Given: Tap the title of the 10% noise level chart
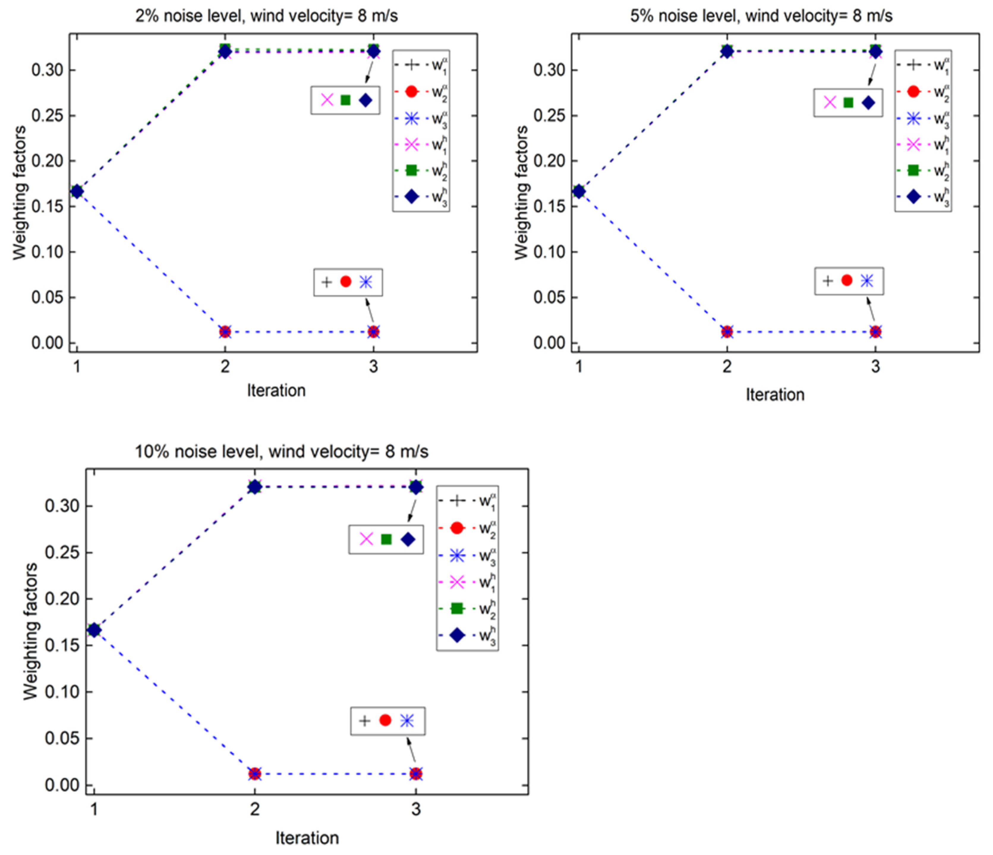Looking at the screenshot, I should (282, 452).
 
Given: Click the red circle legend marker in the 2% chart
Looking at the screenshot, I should (411, 91).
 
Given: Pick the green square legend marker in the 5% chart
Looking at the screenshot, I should (913, 170).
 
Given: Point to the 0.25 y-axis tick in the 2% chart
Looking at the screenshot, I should (47, 116).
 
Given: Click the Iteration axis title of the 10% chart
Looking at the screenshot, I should (307, 838).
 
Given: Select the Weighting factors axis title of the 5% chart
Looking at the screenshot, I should (521, 193).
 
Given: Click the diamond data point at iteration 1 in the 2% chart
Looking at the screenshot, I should (77, 192).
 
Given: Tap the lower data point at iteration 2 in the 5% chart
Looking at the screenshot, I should (727, 332).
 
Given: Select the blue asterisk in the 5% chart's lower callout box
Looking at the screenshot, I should (866, 281).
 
